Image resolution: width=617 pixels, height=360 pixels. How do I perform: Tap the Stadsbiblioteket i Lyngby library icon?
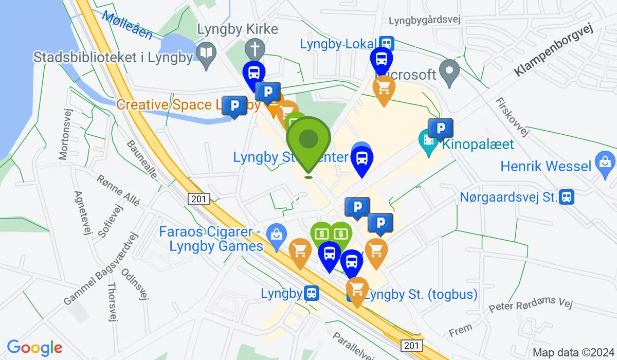point(206,53)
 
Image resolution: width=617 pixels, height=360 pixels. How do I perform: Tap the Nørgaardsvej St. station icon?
point(567,196)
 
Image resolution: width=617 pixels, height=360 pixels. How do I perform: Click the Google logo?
point(34,348)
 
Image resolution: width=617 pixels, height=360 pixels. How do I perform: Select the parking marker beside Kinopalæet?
point(441,129)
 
